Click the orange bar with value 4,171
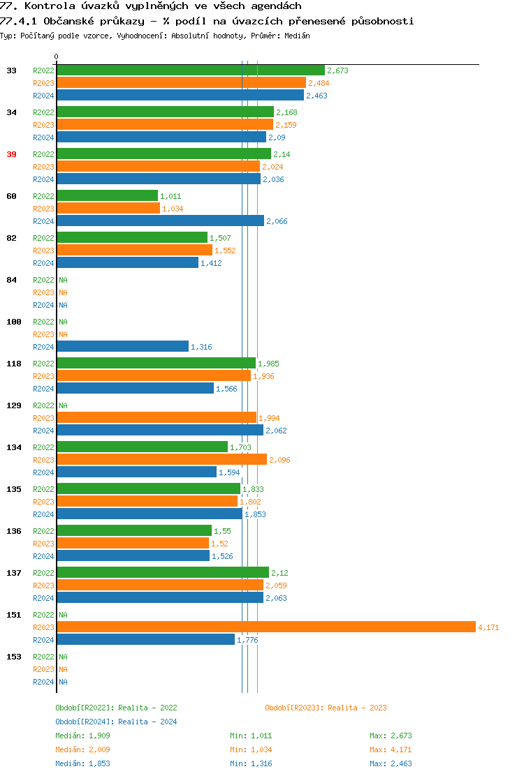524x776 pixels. (x=265, y=627)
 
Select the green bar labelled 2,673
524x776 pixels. (x=191, y=70)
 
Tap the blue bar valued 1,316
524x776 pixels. (x=122, y=347)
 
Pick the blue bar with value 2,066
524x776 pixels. (x=160, y=221)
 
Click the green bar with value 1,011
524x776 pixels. (x=107, y=196)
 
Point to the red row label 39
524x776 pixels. (x=11, y=154)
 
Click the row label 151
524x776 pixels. (x=13, y=615)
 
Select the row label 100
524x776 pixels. (x=13, y=322)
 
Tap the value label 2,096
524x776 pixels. (x=279, y=460)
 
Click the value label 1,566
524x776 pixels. (x=226, y=389)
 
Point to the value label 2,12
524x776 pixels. (x=279, y=573)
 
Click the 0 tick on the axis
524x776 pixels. (x=57, y=57)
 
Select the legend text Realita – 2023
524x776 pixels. (x=357, y=708)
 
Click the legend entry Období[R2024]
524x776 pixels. (x=85, y=722)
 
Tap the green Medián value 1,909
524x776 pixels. (x=99, y=736)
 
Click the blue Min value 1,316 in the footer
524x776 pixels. (x=261, y=763)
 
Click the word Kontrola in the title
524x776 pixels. (x=45, y=6)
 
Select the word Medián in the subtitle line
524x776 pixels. (x=297, y=36)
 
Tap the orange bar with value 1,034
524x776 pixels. (x=108, y=209)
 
